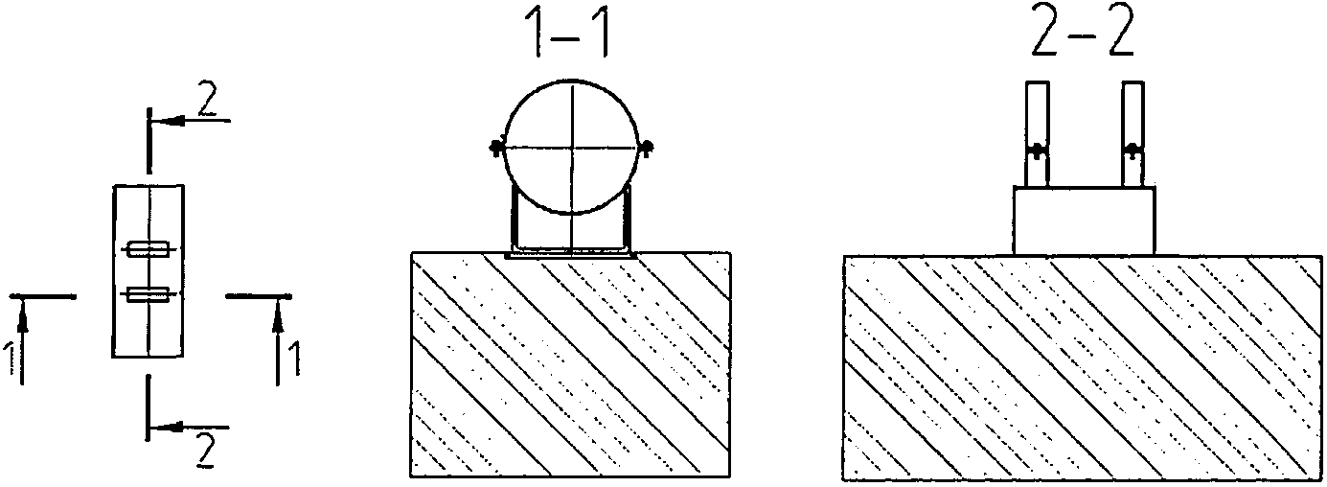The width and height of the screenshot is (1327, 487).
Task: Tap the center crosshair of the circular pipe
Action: (x=570, y=147)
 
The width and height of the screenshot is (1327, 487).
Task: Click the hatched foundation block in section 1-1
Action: (x=570, y=364)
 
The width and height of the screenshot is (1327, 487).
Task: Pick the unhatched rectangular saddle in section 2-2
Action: (x=1084, y=220)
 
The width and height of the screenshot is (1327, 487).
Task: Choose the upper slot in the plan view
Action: (x=149, y=250)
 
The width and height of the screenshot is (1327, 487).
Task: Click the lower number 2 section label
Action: (x=203, y=448)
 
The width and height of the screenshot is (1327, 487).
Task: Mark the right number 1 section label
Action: (x=296, y=360)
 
